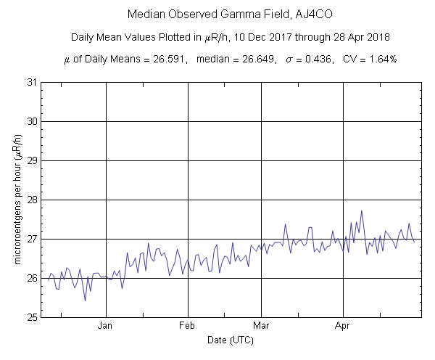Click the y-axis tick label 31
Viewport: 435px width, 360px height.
pos(33,82)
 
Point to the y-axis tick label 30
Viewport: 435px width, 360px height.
pos(33,121)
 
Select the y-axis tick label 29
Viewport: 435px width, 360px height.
pos(33,160)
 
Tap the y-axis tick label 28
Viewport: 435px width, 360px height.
pos(33,200)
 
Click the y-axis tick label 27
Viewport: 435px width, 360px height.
pos(33,239)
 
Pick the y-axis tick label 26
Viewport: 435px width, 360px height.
pos(33,278)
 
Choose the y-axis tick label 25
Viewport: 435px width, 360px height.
pos(33,317)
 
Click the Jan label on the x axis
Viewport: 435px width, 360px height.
pos(107,326)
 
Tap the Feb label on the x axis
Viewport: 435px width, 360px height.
pos(188,326)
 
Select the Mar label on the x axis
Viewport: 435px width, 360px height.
pos(262,326)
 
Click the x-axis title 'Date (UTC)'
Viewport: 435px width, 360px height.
pos(230,340)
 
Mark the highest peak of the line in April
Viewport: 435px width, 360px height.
pos(361,210)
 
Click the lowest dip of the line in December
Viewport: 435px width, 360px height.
pos(85,300)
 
